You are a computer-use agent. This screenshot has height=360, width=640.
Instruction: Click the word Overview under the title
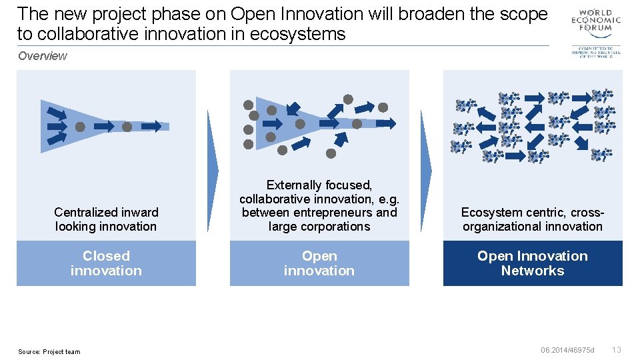[43, 56]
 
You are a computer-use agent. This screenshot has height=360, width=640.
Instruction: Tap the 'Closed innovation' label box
[106, 263]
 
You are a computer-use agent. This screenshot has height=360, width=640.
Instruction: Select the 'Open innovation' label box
[319, 263]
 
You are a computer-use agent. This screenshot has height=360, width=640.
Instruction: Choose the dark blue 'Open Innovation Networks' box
[533, 263]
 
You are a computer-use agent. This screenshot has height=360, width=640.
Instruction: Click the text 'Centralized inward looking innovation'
[106, 219]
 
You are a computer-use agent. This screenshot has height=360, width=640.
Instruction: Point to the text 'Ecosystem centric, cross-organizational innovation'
[533, 219]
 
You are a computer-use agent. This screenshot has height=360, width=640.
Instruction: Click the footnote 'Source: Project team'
[49, 351]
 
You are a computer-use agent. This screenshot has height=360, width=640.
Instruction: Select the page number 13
[617, 350]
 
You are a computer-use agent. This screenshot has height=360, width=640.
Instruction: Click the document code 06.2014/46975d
[567, 350]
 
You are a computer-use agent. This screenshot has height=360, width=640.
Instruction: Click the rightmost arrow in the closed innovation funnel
[151, 125]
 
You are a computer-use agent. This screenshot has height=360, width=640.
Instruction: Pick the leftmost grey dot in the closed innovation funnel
[80, 126]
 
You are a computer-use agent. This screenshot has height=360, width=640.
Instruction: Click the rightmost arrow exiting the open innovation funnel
[386, 123]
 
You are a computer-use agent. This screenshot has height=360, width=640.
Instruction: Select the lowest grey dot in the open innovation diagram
[331, 153]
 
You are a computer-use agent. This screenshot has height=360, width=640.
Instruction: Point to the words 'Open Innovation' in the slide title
[296, 13]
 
